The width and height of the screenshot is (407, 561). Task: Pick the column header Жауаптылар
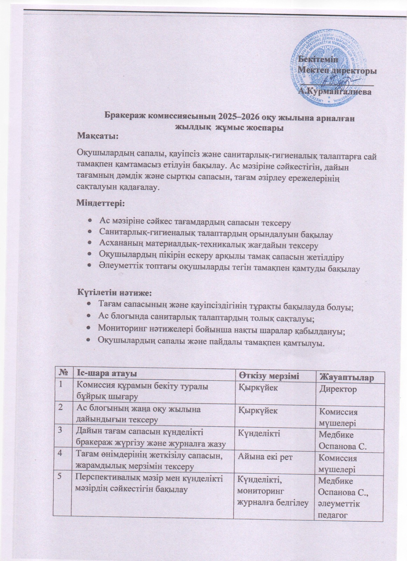click(345, 378)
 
